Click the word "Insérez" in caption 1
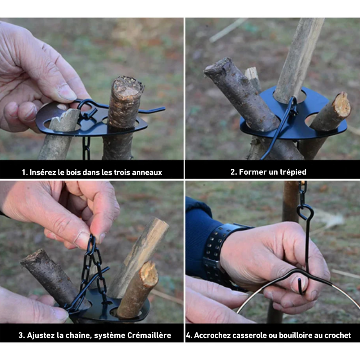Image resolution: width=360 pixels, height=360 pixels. click(43, 172)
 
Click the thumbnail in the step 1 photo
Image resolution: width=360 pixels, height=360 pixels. click(67, 93)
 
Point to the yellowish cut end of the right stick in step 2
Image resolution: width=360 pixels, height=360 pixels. click(342, 106)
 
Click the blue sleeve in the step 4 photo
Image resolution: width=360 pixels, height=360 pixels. click(200, 234)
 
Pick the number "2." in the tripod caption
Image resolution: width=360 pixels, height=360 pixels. click(234, 172)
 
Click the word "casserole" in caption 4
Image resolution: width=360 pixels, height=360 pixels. click(243, 335)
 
